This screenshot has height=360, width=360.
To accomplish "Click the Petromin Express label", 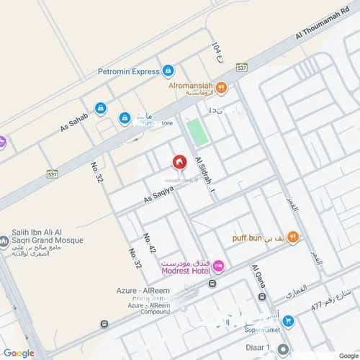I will pyautogui.click(x=129, y=71).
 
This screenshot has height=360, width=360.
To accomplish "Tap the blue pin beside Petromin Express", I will pyautogui.click(x=168, y=71).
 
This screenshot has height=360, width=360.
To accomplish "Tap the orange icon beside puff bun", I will pyautogui.click(x=292, y=236).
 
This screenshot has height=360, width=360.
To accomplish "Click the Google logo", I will pyautogui.click(x=19, y=353).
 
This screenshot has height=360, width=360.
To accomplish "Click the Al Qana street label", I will pyautogui.click(x=258, y=282).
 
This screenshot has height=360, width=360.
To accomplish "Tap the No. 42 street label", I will pyautogui.click(x=150, y=243).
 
